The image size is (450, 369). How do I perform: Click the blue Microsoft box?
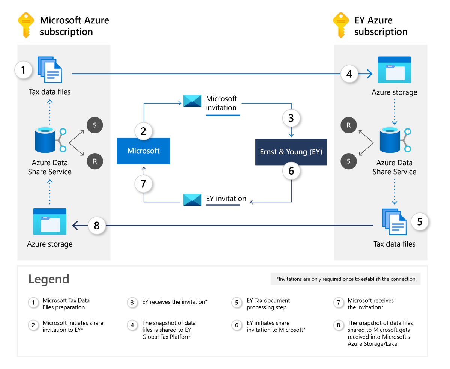point(143,151)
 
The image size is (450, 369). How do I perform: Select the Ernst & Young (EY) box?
point(291,152)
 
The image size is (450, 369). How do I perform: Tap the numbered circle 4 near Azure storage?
point(349,74)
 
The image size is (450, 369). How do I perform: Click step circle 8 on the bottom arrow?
point(97,226)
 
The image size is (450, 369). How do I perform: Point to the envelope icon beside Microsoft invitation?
point(192,101)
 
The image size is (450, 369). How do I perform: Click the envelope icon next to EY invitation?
point(192,200)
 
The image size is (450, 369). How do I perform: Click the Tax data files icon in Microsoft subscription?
point(50,70)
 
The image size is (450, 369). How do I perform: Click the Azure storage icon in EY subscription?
point(394,70)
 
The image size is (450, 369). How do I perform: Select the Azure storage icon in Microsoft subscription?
point(49,221)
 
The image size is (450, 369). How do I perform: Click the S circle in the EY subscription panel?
point(349,161)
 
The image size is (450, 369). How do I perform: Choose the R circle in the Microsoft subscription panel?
point(94,161)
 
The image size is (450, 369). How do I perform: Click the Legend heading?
point(49,279)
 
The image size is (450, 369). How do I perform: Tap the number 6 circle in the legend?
point(237,325)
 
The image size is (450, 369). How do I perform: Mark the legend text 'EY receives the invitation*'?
point(175,302)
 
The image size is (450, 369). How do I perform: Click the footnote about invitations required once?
point(346,279)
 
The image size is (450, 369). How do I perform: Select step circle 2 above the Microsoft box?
point(143,131)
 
